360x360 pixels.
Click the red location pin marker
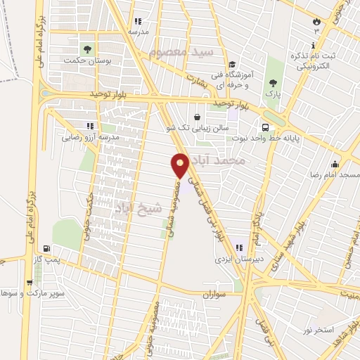click(x=180, y=165)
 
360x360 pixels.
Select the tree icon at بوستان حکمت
click(x=87, y=49)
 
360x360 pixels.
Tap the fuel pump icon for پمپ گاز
click(x=46, y=248)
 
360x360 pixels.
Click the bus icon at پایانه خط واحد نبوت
click(x=265, y=127)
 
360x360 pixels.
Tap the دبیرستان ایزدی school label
click(x=239, y=258)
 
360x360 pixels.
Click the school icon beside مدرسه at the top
click(x=137, y=22)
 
